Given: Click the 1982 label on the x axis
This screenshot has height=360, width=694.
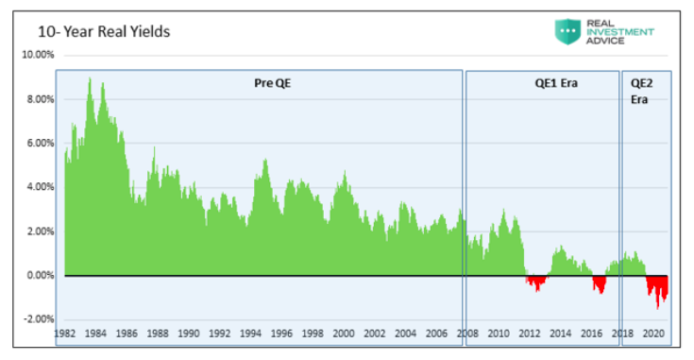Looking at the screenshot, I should click(65, 334).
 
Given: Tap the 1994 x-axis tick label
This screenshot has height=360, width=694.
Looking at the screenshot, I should click(250, 334).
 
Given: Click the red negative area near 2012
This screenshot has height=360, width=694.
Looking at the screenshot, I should click(536, 282).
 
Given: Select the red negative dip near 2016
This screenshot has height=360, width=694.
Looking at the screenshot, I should click(599, 283).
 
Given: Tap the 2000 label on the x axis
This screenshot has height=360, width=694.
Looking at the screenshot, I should click(344, 334).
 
